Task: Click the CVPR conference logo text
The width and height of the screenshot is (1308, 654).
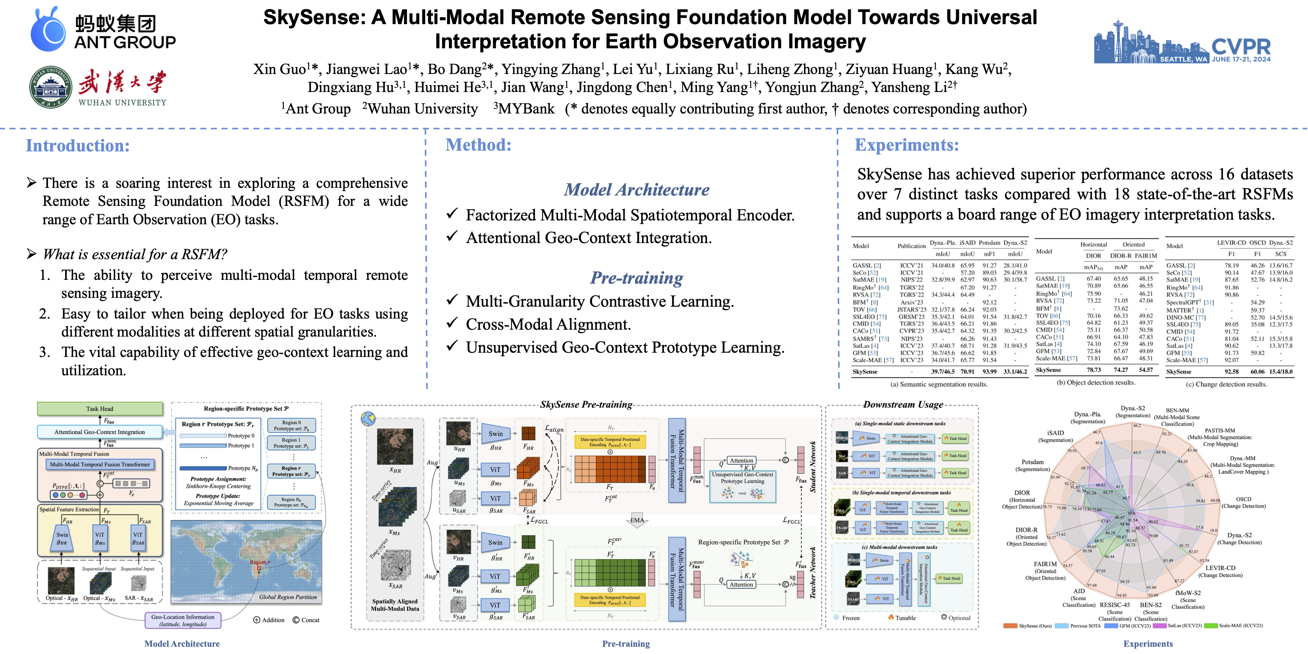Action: (x=1241, y=47)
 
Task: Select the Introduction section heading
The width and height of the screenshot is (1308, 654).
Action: (x=78, y=146)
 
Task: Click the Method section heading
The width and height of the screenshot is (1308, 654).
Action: (x=478, y=145)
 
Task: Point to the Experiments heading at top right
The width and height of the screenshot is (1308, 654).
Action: (x=906, y=145)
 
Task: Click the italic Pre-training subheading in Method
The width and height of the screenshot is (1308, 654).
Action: (x=636, y=278)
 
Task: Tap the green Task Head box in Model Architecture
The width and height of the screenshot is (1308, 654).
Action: (x=100, y=409)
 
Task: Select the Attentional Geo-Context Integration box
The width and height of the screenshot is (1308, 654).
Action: (x=100, y=432)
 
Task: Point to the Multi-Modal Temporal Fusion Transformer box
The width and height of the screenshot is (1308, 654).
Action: (x=100, y=465)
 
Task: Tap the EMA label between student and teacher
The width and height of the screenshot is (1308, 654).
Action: (x=637, y=520)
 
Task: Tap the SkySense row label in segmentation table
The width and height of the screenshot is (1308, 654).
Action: (x=865, y=372)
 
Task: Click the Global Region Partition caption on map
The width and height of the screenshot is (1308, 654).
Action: (x=287, y=597)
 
